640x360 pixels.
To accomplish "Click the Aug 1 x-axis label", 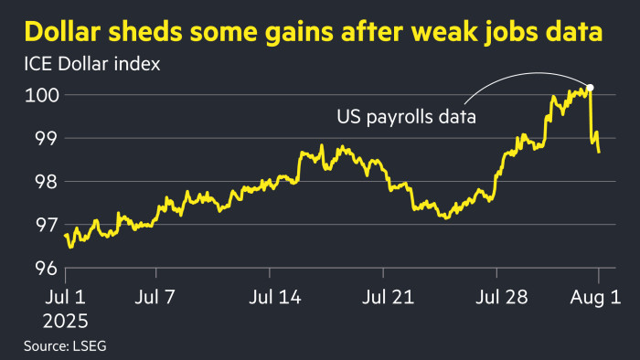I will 599,298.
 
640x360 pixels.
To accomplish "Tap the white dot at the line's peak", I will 590,88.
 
